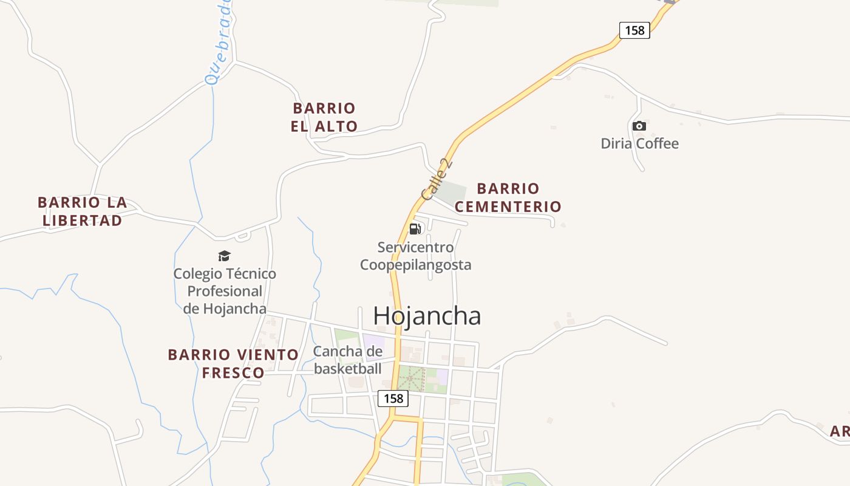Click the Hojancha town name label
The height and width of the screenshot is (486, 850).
[x=427, y=316]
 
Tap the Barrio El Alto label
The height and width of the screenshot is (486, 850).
[x=324, y=117]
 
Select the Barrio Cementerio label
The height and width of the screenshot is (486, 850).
[x=508, y=197]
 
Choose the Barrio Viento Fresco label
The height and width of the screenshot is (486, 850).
[x=233, y=363]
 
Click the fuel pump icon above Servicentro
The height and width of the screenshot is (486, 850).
[x=415, y=229]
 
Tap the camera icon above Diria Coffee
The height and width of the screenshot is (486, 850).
[x=639, y=126]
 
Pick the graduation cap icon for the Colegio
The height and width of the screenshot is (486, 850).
[x=225, y=256]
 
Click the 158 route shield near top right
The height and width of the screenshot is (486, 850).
[x=634, y=30]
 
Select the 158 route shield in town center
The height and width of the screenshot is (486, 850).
[x=393, y=399]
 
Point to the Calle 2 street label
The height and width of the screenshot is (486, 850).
[x=437, y=179]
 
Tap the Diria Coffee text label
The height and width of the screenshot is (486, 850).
[x=639, y=143]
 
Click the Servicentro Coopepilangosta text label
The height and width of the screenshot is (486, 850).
[x=415, y=256]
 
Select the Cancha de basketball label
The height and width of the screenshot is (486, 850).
[x=348, y=360]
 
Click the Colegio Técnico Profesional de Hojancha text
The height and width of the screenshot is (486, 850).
[x=225, y=291]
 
